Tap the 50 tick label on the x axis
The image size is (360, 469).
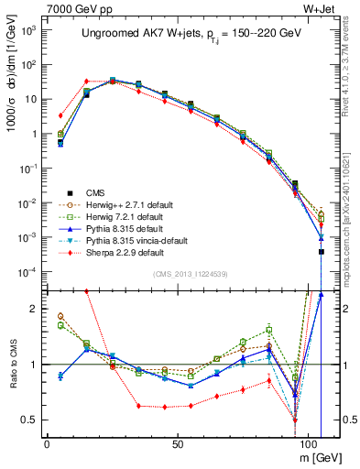177,441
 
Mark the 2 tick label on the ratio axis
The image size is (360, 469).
37,309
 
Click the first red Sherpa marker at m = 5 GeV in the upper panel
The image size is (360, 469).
60,115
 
